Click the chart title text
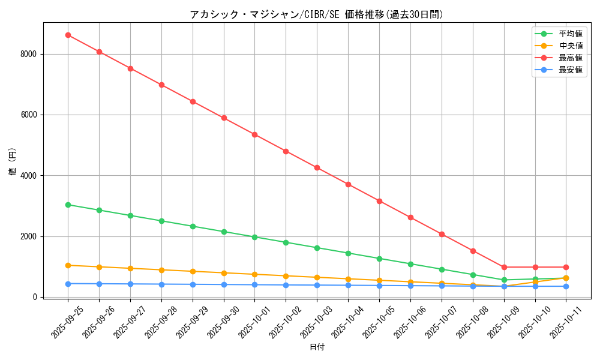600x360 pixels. (x=317, y=14)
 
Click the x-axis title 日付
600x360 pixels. (x=317, y=347)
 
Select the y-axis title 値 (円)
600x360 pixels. (x=13, y=162)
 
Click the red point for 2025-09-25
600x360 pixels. (x=68, y=35)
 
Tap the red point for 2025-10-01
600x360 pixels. (x=254, y=134)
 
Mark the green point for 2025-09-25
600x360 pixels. (x=68, y=205)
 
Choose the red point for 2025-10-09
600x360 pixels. (x=504, y=267)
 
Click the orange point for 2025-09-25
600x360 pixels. (x=68, y=265)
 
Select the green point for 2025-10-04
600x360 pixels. (x=348, y=253)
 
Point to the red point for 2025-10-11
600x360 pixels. (x=566, y=267)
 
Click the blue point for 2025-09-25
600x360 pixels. (x=68, y=284)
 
